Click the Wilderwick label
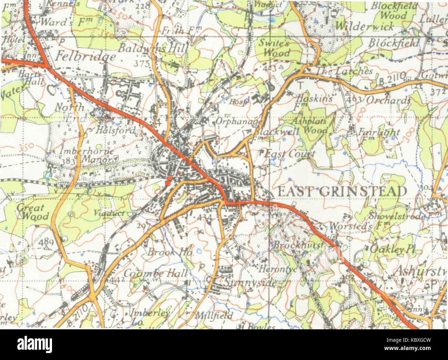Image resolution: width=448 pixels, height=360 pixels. click(x=364, y=26)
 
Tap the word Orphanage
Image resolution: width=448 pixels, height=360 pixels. click(x=239, y=122)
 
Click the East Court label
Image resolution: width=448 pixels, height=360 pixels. click(x=289, y=154)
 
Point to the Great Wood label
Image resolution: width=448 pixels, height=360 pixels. click(x=32, y=212)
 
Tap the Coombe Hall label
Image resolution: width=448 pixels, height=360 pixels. click(x=156, y=273)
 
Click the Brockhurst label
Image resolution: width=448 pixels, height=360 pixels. click(x=298, y=245)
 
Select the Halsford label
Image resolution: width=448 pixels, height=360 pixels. click(x=111, y=131)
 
